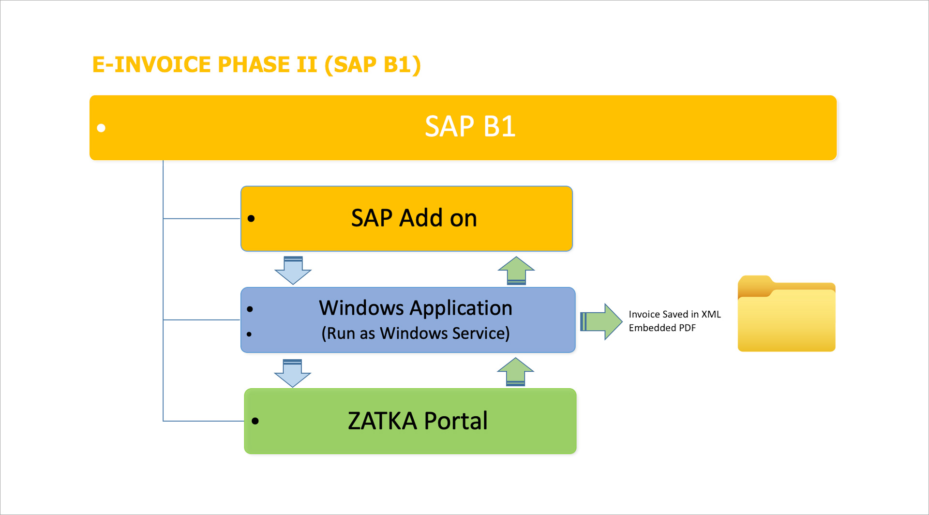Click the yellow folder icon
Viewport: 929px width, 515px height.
click(786, 315)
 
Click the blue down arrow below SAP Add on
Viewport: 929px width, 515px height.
click(293, 271)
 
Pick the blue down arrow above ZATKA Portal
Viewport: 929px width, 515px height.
click(293, 373)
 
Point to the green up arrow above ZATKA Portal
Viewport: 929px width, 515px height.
click(515, 372)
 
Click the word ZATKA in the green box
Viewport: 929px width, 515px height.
click(382, 421)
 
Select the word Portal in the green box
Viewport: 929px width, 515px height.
click(456, 421)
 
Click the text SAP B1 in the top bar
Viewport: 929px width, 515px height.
click(470, 127)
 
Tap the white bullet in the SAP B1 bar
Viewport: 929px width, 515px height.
click(101, 128)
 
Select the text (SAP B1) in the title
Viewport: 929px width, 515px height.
click(373, 65)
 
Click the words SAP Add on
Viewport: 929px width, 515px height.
click(414, 218)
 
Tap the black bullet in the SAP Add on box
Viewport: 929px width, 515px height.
click(251, 218)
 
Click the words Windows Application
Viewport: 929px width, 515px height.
click(415, 308)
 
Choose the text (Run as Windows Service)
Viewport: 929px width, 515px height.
click(415, 333)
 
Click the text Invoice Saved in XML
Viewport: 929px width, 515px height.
click(674, 314)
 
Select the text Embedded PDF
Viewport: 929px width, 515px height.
click(662, 328)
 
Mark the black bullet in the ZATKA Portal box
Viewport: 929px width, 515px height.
click(255, 421)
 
